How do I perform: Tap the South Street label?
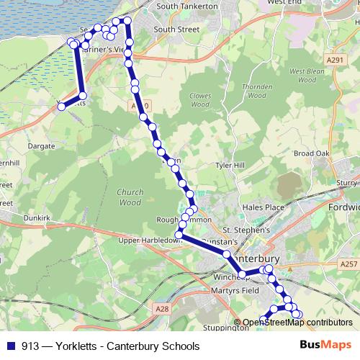tap(176, 30)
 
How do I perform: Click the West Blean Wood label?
tap(302, 76)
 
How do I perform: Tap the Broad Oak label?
tap(311, 153)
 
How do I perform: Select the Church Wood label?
tap(130, 198)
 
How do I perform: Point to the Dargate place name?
tap(41, 145)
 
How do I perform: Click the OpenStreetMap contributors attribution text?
tap(297, 323)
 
